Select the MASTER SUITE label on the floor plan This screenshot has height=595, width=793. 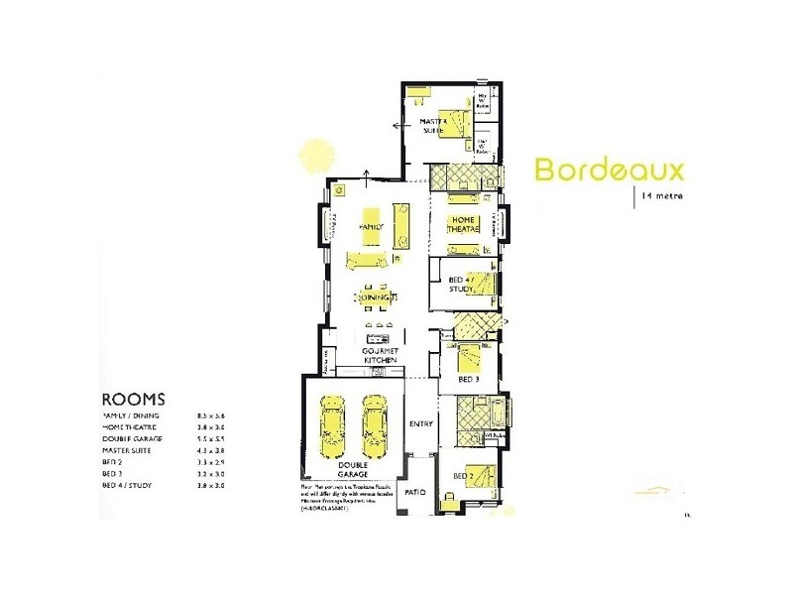tap(433, 125)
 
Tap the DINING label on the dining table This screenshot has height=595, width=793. tap(374, 297)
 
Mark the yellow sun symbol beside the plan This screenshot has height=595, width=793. tap(315, 156)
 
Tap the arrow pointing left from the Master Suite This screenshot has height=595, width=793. tap(396, 126)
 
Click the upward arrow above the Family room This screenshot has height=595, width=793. tap(369, 177)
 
